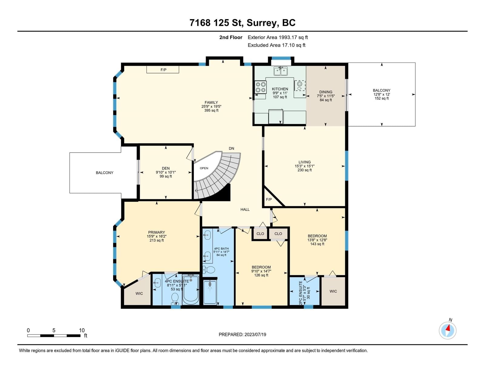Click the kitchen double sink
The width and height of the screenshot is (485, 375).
point(281,71)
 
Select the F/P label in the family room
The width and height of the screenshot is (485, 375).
point(163,70)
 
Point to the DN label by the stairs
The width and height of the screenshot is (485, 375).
point(232,148)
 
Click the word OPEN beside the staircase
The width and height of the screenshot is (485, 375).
point(204,168)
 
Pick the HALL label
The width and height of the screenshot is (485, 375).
point(245,210)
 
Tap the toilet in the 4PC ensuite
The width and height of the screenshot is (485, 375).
point(175,299)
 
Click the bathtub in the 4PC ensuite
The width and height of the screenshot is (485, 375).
point(191,289)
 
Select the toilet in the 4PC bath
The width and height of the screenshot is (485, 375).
point(209,270)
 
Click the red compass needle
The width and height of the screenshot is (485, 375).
point(447,328)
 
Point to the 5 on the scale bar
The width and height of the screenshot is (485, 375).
point(54,330)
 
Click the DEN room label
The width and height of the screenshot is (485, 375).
point(166,168)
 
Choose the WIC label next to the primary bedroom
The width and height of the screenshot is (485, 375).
point(139,293)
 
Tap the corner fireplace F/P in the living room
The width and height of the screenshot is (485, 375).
point(269,199)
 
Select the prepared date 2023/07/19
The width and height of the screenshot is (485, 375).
point(255,335)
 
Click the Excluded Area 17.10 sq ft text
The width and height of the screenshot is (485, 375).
point(276,45)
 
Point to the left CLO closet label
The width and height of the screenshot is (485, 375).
point(260,234)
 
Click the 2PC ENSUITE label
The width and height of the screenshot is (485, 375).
point(301,293)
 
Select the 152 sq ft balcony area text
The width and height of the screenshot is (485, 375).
point(382,98)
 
